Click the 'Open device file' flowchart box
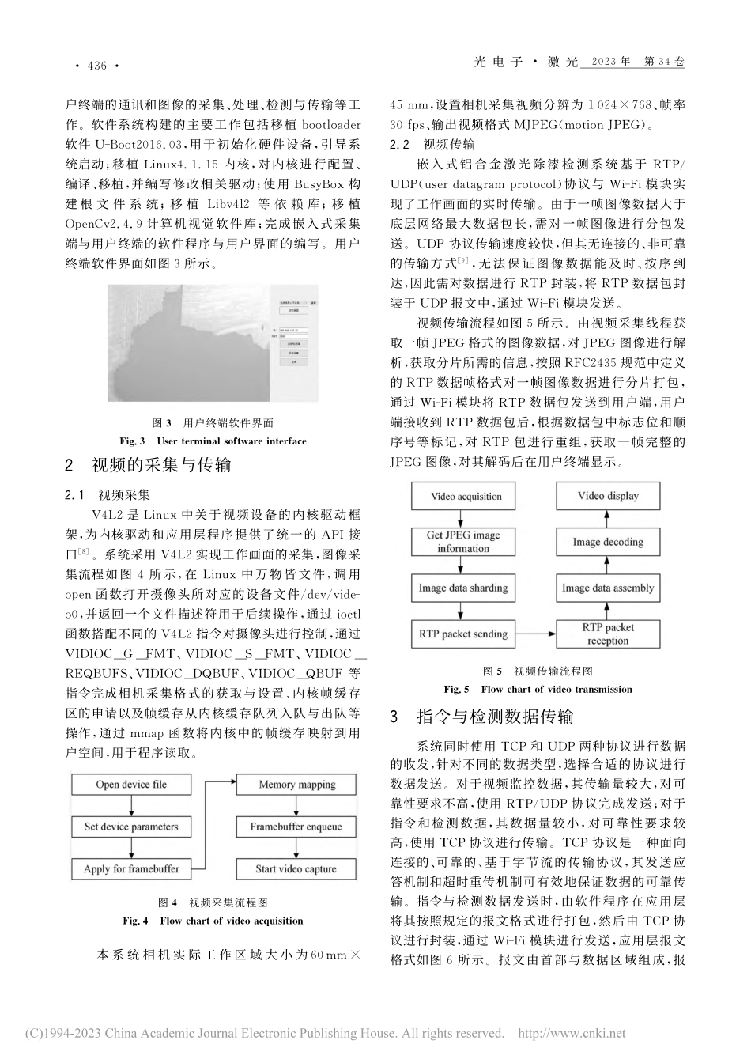131,785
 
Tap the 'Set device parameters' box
131,827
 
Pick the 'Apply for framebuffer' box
131,868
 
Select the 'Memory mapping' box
296,785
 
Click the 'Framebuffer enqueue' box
296,827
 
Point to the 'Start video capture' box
296,868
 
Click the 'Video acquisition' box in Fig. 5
466,497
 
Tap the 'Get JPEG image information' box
463,541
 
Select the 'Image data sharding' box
463,588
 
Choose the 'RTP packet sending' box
463,634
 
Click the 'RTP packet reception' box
608,634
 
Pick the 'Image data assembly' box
608,588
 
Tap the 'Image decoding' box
608,542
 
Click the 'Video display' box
608,496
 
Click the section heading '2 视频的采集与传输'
148,465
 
